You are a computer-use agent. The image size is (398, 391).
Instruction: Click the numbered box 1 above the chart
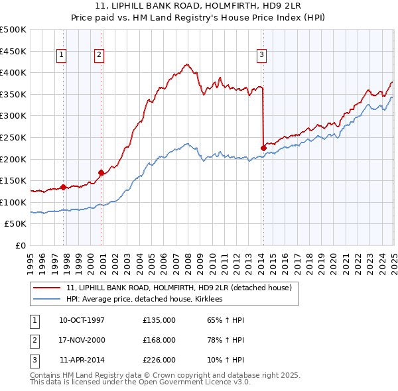point(60,55)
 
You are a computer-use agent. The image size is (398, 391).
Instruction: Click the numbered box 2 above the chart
point(99,55)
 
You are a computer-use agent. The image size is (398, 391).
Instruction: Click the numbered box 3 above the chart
point(261,55)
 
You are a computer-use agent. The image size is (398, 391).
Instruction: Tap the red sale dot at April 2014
point(263,147)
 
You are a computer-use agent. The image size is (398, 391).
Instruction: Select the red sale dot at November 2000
point(101,172)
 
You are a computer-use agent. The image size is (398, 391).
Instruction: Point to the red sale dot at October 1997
point(64,187)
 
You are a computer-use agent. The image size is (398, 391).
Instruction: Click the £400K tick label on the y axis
point(13,72)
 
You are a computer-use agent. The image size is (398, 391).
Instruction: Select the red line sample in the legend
point(47,288)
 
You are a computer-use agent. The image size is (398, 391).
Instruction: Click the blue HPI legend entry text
point(144,300)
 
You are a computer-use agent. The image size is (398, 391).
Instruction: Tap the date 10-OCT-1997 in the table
point(82,321)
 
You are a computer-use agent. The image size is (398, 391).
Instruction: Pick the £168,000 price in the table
point(159,340)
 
